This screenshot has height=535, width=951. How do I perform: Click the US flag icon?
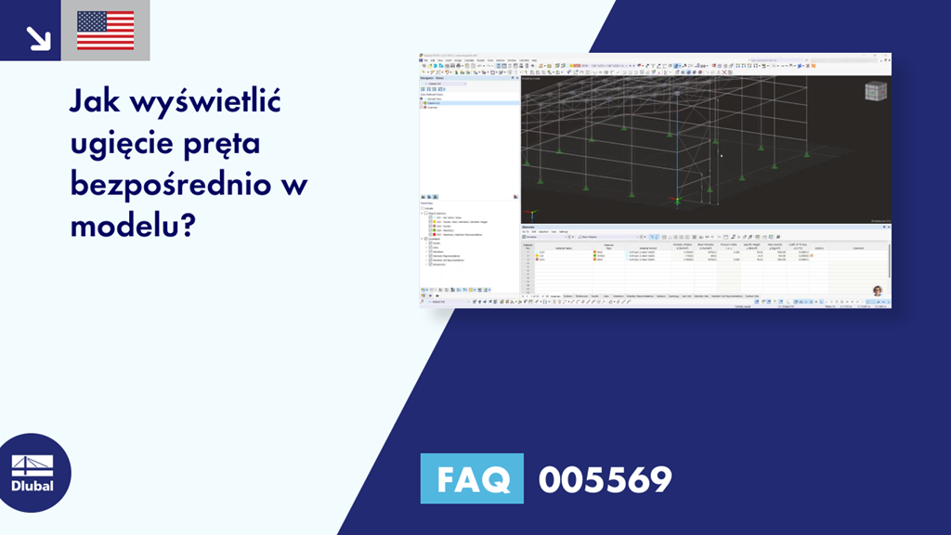pyautogui.click(x=106, y=31)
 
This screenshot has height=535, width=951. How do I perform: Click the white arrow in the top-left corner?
pyautogui.click(x=38, y=36)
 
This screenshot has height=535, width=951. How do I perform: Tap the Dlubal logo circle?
pyautogui.click(x=33, y=473)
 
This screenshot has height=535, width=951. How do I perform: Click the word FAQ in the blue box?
pyautogui.click(x=472, y=479)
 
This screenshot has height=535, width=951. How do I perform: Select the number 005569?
pyautogui.click(x=605, y=479)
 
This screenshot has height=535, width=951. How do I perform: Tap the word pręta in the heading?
pyautogui.click(x=227, y=146)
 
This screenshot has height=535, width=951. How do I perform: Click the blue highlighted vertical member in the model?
pyautogui.click(x=677, y=149)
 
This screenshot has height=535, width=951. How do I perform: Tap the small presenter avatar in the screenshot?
pyautogui.click(x=878, y=291)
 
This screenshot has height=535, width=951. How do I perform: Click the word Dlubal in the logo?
pyautogui.click(x=33, y=485)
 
